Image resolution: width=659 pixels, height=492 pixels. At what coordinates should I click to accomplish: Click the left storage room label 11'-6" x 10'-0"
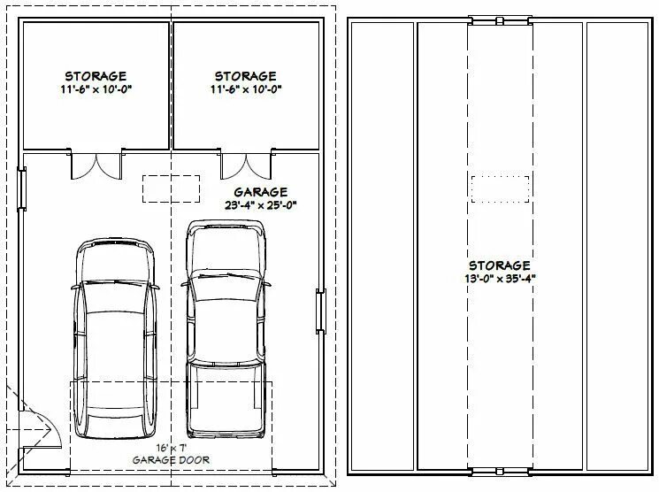pyautogui.click(x=96, y=89)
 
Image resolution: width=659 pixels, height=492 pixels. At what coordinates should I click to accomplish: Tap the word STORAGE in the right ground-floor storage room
pyautogui.click(x=246, y=76)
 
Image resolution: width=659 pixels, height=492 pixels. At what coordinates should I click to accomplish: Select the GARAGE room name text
pyautogui.click(x=261, y=192)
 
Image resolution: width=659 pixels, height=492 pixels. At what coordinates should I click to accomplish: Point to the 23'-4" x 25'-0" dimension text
pyautogui.click(x=261, y=205)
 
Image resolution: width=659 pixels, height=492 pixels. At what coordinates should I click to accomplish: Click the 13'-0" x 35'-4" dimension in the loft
pyautogui.click(x=500, y=279)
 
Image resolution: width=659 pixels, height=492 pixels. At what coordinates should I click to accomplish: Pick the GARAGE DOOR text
pyautogui.click(x=171, y=460)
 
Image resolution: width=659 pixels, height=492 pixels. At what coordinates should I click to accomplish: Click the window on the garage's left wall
pyautogui.click(x=21, y=188)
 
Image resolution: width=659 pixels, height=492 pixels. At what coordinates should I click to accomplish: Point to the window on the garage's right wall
pyautogui.click(x=321, y=311)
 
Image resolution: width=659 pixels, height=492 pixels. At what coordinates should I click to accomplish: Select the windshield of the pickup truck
pyautogui.click(x=226, y=287)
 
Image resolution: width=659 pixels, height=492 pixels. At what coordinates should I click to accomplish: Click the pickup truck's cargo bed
pyautogui.click(x=226, y=398)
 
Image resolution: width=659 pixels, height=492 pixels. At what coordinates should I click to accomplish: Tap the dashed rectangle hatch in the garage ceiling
pyautogui.click(x=171, y=188)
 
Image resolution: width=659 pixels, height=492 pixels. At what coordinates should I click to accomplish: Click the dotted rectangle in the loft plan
pyautogui.click(x=500, y=189)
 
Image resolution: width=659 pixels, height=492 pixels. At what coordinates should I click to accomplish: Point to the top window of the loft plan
pyautogui.click(x=500, y=20)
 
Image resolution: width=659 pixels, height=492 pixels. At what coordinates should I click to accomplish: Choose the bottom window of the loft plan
pyautogui.click(x=500, y=472)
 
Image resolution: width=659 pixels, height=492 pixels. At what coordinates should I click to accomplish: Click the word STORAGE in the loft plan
pyautogui.click(x=500, y=265)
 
